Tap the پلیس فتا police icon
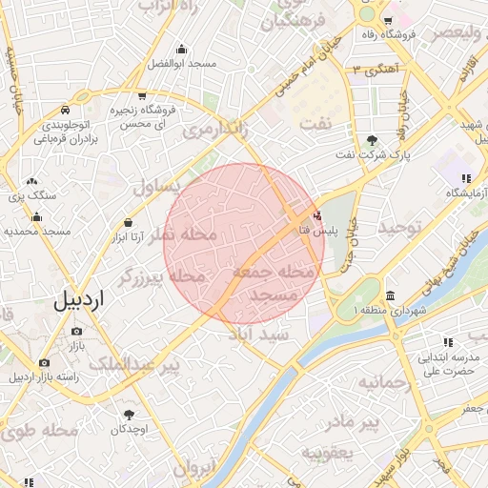(317, 215)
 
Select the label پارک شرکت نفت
(376, 154)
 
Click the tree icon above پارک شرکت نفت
(372, 140)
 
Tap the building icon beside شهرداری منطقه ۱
(392, 295)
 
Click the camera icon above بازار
(77, 331)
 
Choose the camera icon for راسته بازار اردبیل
(44, 363)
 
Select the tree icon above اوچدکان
(129, 415)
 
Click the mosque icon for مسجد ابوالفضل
(181, 50)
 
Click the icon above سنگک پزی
(32, 181)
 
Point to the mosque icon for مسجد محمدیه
(37, 216)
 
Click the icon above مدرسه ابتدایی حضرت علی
(446, 342)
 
